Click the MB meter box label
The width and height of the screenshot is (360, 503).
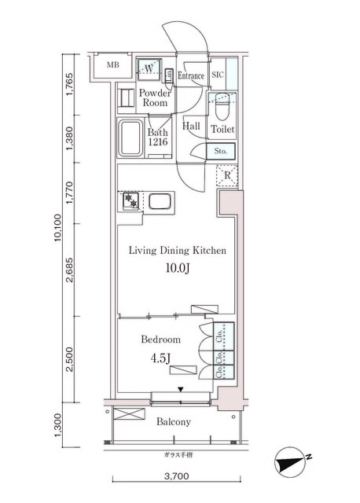[x=113, y=65]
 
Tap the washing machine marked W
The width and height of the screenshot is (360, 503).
[x=149, y=69]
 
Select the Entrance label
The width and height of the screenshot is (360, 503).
[x=191, y=75]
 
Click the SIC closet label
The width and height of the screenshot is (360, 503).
[x=218, y=75]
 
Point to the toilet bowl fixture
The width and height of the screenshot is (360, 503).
[x=222, y=106]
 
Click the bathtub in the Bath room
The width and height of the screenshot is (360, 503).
[x=130, y=138]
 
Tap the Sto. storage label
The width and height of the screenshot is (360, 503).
[x=220, y=151]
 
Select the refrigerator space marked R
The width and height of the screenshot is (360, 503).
[x=227, y=175]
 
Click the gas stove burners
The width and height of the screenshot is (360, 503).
[x=130, y=201]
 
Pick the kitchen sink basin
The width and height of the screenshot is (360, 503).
[x=160, y=201]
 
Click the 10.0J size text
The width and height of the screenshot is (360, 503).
[x=177, y=268]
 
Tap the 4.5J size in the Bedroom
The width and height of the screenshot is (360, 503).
[x=160, y=358]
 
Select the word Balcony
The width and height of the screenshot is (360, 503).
[x=174, y=422]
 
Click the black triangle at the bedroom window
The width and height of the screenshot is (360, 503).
[x=181, y=390]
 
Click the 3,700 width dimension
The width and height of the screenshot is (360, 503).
[x=177, y=476]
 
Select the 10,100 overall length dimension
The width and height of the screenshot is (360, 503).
[x=58, y=227]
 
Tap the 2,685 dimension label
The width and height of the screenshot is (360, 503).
[x=69, y=270]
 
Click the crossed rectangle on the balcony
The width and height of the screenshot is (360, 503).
[x=130, y=413]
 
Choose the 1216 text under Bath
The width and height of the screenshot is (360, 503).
[x=158, y=141]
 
